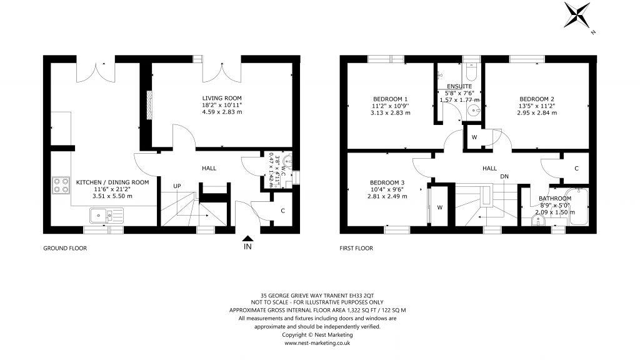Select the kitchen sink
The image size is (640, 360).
tap(106, 216)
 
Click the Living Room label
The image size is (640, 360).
tap(221, 98)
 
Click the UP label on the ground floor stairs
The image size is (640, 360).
tap(177, 186)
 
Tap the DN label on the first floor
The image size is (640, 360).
tap(504, 176)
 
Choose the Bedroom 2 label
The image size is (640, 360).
tap(537, 99)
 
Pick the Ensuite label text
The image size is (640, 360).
tap(459, 86)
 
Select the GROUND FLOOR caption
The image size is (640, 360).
tap(64, 248)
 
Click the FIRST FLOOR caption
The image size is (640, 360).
tap(356, 248)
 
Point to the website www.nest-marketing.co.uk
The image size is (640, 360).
tap(317, 343)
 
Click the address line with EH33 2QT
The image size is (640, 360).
tap(317, 295)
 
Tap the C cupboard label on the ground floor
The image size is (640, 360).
tap(282, 211)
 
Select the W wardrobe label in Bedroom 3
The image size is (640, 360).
tap(439, 207)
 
